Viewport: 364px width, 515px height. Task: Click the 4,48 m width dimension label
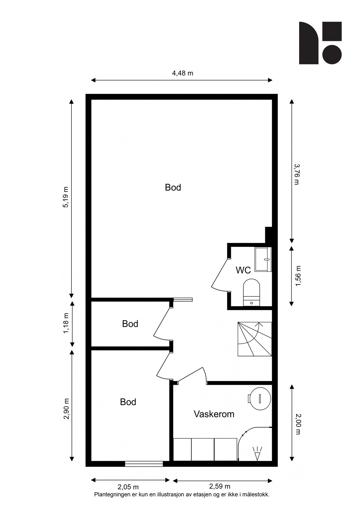point(182,73)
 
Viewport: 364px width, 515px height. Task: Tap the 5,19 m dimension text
point(66,197)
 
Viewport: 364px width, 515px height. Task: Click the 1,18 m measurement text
point(66,323)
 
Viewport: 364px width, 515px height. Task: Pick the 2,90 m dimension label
point(66,409)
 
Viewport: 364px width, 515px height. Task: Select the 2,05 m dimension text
point(128,487)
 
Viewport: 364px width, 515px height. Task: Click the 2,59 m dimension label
point(220,486)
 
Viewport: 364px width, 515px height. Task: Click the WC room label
point(243,270)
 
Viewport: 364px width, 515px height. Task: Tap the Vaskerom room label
point(214,414)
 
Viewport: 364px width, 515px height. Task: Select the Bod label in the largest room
point(173,187)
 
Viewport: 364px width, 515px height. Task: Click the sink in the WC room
point(263,259)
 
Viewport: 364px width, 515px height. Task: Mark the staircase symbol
point(254,339)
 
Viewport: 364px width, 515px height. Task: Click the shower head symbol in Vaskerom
point(258,455)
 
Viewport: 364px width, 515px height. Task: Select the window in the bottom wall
point(144,464)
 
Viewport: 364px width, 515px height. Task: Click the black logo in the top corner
point(320,43)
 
